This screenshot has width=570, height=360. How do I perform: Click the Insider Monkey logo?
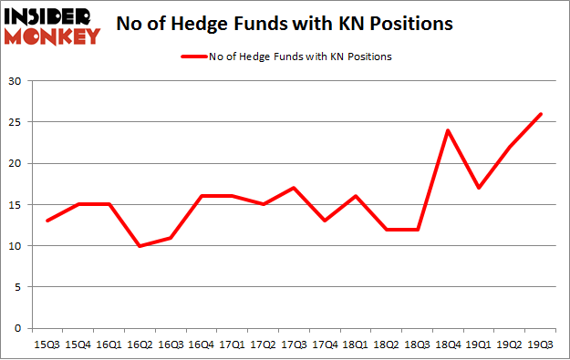[x=52, y=26]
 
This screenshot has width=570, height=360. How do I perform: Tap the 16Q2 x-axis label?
[x=140, y=345]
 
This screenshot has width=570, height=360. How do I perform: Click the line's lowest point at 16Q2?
[x=140, y=245]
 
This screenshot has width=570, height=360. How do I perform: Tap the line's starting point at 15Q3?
[x=47, y=221]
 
